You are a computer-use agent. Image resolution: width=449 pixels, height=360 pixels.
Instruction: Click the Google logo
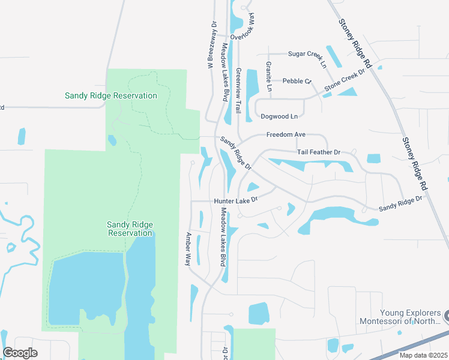pyautogui.click(x=20, y=353)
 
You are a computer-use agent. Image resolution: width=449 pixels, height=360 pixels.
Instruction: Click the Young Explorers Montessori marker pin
pyautogui.click(x=446, y=314)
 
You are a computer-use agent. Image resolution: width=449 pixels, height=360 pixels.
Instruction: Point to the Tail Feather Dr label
pyautogui.click(x=318, y=152)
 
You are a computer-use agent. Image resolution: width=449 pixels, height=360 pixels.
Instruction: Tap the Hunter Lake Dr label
pyautogui.click(x=236, y=200)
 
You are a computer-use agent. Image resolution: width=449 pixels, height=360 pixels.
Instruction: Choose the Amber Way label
pyautogui.click(x=188, y=249)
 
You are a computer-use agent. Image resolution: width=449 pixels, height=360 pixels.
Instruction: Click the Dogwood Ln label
pyautogui.click(x=278, y=116)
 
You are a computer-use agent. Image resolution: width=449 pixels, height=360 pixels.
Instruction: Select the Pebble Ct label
pyautogui.click(x=297, y=81)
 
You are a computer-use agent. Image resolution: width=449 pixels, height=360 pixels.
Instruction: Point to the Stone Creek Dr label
pyautogui.click(x=345, y=80)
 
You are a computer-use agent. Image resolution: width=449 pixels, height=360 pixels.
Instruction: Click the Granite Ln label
pyautogui.click(x=269, y=77)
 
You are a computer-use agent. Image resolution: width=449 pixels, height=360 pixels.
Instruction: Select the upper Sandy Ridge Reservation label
pyautogui.click(x=111, y=95)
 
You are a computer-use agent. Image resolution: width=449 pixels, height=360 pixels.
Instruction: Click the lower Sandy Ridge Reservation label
pyautogui.click(x=130, y=229)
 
